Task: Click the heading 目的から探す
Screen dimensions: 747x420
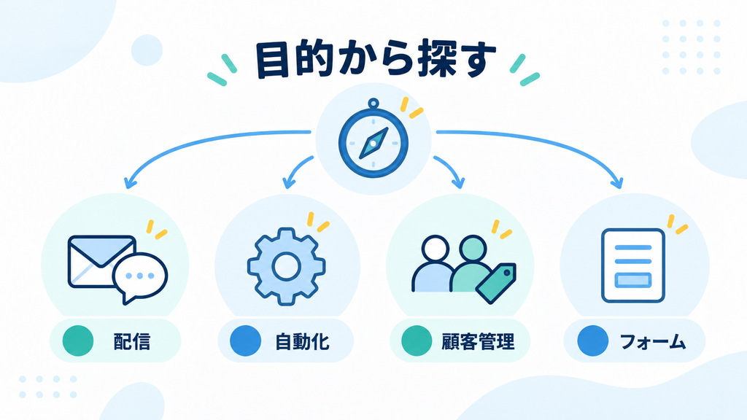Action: [376, 60]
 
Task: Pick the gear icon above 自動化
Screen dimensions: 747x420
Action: [286, 266]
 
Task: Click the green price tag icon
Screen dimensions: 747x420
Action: [496, 283]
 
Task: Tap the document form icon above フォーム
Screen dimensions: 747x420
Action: [632, 265]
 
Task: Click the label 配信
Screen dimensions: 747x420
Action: [132, 341]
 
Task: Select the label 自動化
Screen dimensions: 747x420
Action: [302, 341]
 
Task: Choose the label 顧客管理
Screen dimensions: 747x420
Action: [478, 341]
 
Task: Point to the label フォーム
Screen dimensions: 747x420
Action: [653, 341]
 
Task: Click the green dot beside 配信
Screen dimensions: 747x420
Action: [78, 341]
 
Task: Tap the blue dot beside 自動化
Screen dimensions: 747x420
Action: [245, 341]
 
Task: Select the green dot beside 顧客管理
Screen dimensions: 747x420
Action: [417, 341]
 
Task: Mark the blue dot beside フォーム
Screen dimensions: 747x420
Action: [592, 341]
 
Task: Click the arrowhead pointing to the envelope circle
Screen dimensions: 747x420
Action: [129, 184]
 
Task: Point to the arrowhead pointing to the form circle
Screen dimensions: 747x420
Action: [618, 183]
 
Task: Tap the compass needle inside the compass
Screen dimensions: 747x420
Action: [373, 143]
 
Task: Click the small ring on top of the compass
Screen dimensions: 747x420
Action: [373, 104]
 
